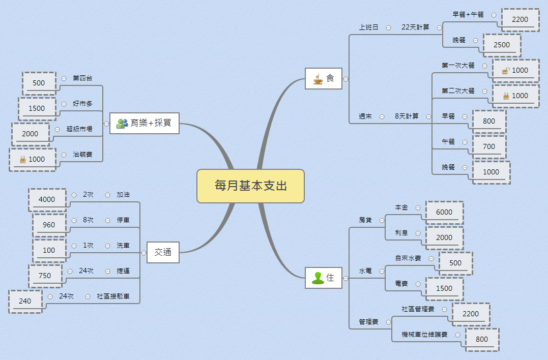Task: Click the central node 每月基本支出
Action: coord(250,186)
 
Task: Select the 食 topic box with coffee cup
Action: coord(324,78)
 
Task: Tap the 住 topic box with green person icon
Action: coord(324,278)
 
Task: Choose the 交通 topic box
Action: coord(163,252)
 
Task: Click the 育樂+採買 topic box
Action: coord(145,123)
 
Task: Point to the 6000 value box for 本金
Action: coord(444,212)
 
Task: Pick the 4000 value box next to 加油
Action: coord(47,199)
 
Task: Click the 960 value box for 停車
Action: coord(49,225)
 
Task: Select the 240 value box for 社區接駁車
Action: coord(25,301)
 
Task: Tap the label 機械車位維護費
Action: coord(424,335)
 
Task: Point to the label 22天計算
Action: coord(415,27)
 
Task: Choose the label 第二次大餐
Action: coord(458,91)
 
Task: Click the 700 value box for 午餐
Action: coord(488,146)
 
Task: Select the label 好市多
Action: coord(82,104)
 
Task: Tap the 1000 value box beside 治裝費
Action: coord(33,159)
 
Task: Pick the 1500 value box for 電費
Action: coord(444,288)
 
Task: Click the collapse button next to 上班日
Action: coord(389,28)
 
